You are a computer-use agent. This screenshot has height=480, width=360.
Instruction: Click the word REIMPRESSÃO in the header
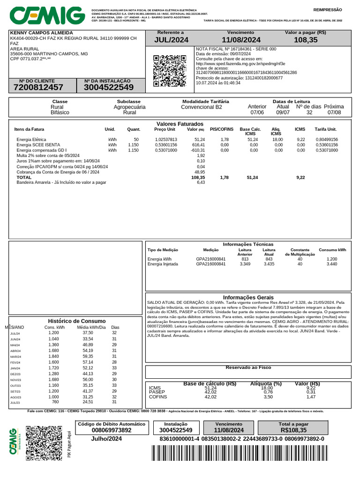pos(328,9)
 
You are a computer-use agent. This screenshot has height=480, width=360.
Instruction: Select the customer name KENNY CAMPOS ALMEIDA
pos(38,32)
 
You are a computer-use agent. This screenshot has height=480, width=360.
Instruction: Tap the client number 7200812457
pos(38,87)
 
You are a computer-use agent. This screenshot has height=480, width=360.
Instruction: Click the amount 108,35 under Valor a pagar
pos(306,40)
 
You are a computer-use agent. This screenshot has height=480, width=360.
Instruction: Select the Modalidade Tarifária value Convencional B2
pos(202,107)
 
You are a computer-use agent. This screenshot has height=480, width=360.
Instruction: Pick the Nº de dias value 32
pos(309,113)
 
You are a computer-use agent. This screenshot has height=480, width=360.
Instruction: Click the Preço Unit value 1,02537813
pos(165,140)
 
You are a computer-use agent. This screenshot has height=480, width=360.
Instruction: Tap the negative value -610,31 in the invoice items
pos(197,150)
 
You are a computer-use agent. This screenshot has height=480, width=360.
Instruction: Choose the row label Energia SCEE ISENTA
pos(38,145)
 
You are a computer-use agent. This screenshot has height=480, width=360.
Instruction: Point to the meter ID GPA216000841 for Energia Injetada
pos(210,264)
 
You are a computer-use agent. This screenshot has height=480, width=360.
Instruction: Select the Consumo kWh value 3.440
pos(331,264)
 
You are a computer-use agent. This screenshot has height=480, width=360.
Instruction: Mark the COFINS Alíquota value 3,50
pos(267,397)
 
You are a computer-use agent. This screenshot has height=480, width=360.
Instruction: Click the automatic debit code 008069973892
pos(112,430)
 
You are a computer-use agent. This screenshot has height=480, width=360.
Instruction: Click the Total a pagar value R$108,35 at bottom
pos(293,430)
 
